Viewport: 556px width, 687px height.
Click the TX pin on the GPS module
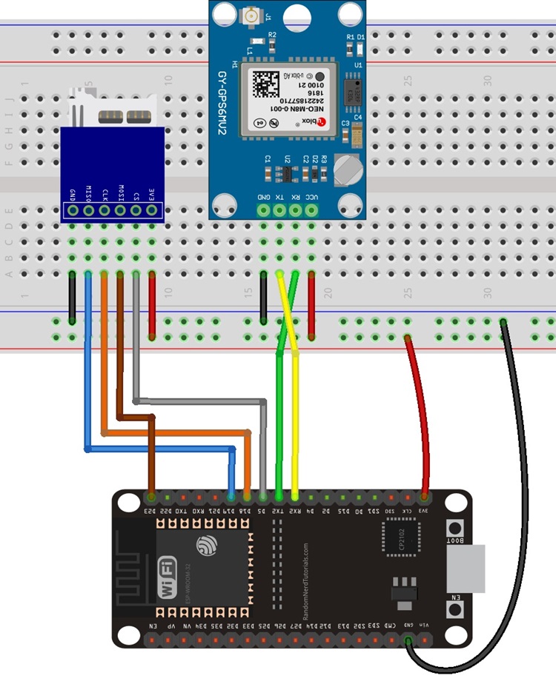(279, 210)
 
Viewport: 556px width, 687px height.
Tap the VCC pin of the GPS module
(311, 210)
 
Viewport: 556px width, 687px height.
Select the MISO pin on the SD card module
(88, 210)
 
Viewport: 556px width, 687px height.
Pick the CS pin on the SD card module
(136, 210)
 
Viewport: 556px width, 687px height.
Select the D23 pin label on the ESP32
(151, 509)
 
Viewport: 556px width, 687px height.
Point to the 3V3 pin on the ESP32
(425, 509)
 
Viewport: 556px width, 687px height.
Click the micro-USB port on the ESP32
(467, 568)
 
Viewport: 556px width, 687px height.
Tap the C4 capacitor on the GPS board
(358, 134)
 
